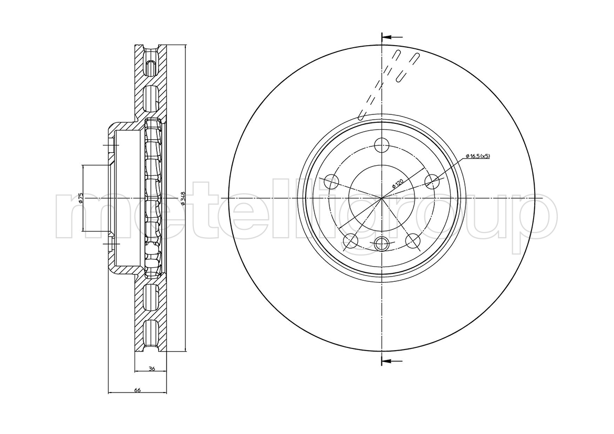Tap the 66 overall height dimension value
(137, 390)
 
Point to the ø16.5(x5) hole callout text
(478, 156)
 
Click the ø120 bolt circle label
(398, 183)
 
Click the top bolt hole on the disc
(381, 145)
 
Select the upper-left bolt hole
(331, 182)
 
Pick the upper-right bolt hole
(432, 181)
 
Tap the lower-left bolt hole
(350, 240)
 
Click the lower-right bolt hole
(412, 239)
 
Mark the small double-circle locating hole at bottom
(381, 244)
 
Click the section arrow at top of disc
(392, 37)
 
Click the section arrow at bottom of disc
(392, 360)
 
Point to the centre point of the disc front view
(381, 198)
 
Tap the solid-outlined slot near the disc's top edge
(406, 67)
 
